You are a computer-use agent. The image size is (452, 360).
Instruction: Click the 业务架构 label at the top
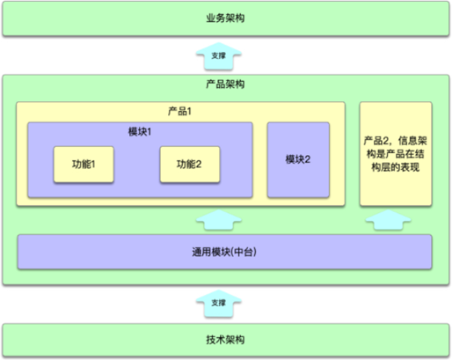coord(225,18)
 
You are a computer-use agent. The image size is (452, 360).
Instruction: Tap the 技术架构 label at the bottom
coord(225,340)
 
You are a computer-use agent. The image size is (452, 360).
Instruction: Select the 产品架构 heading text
coord(225,84)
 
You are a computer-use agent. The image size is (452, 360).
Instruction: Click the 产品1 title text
coord(179,111)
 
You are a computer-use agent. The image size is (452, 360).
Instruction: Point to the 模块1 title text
coord(140,132)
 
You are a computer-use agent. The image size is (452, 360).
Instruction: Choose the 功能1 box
coord(84,165)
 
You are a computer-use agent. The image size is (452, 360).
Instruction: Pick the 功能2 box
coord(190,165)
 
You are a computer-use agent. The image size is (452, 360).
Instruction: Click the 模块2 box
coord(298,159)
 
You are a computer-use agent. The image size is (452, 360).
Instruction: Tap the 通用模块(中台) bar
coord(224,252)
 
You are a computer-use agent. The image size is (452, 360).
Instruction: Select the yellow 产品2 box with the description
coord(396,154)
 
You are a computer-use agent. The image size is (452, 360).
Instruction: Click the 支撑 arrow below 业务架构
coord(219,55)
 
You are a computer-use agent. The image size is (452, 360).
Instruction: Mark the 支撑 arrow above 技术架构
coord(219,303)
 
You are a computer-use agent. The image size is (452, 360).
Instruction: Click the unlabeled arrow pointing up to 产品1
coord(219,219)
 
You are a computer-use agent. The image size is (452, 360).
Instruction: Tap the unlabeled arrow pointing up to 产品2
coord(388,219)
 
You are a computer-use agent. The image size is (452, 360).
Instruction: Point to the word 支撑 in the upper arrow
coord(219,55)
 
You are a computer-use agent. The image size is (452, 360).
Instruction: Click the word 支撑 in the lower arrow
coord(219,303)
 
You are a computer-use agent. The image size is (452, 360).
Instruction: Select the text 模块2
coord(298,159)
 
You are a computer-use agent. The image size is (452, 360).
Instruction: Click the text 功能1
coord(84,164)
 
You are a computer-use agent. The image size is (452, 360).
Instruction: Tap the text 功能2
coord(189,164)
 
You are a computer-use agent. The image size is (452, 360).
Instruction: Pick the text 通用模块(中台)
coord(224,252)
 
